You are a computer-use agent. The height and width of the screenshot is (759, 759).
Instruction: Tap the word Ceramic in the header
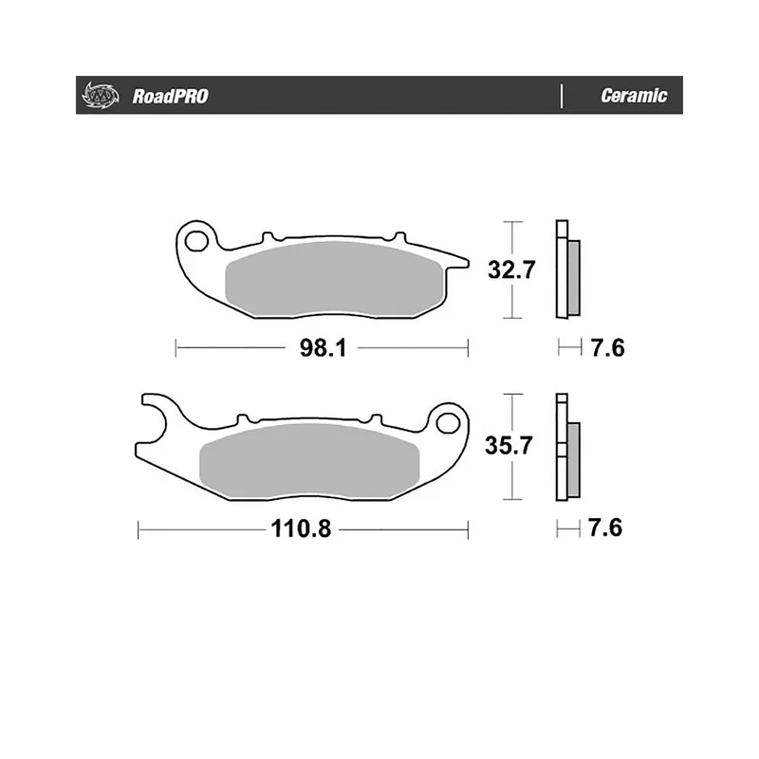coord(634,96)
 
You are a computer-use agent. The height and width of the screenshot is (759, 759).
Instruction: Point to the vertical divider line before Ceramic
coord(563,96)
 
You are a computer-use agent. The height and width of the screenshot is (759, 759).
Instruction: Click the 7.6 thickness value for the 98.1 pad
coord(606,349)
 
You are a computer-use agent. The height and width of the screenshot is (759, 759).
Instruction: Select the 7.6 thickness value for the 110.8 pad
coord(606,529)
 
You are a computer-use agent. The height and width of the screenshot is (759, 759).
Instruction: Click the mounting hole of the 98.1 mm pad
coord(198,239)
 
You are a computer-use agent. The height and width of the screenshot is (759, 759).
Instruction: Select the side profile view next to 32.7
coord(567,270)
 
